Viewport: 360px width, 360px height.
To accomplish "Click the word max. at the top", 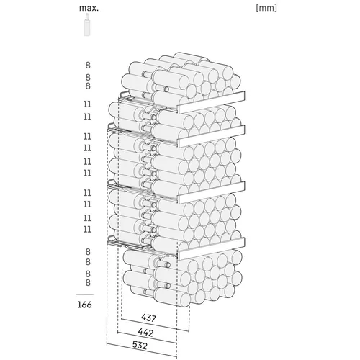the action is coord(89,8).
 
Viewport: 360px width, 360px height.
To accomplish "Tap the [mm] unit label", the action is coord(266,8).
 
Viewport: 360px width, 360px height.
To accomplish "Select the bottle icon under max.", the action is coord(87,24).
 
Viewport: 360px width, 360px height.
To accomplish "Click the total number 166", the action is coord(84,305).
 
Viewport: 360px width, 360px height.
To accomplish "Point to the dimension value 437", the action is coord(148,318).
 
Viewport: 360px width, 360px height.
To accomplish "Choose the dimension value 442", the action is coord(145,333).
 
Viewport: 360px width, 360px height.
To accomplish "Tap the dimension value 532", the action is coord(140,345).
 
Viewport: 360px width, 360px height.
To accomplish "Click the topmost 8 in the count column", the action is coord(88,65).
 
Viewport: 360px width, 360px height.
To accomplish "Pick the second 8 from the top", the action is coord(88,77).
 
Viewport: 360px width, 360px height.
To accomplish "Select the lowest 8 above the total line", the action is coord(88,282).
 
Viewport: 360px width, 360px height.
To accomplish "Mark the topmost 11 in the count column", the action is coord(87,104).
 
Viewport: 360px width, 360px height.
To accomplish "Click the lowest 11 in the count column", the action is coord(87,229).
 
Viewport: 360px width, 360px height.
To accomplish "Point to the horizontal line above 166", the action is coord(85,294).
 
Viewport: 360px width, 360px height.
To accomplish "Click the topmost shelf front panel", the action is coord(211,102).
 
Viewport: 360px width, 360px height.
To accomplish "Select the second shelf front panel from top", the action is coord(211,136).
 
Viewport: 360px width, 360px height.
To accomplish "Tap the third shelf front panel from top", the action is coord(211,192).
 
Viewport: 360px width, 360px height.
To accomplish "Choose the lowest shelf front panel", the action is coord(211,248).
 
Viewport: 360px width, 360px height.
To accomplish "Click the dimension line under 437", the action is coord(156,325).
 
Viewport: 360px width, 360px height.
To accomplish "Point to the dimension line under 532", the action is coord(142,351).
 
